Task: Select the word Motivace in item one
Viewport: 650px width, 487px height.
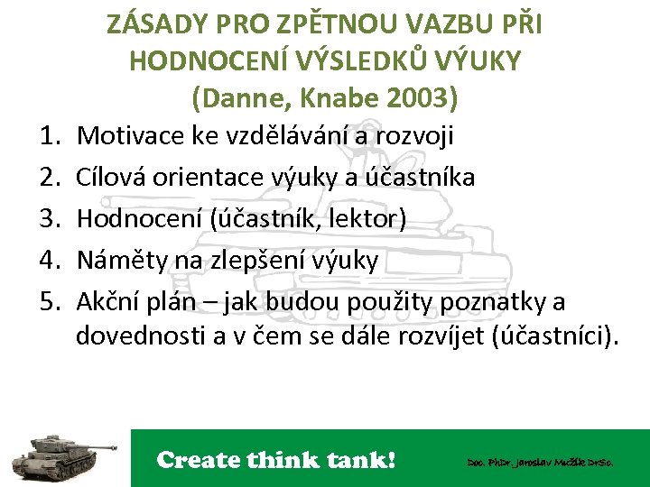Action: pos(132,136)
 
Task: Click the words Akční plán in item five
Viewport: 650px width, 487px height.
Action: pos(139,300)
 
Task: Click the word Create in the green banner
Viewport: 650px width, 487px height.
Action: pos(199,460)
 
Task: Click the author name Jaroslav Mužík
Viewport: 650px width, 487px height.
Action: pos(542,462)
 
